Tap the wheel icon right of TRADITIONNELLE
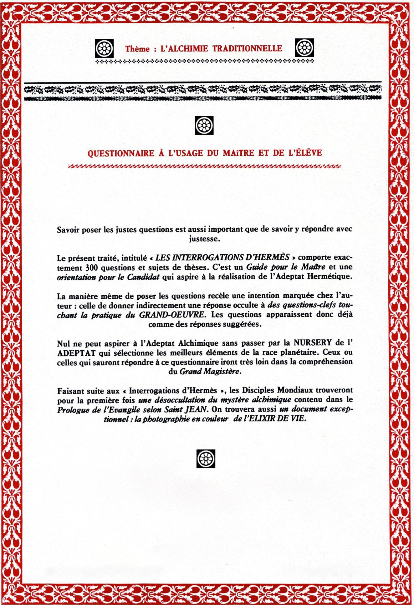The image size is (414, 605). (x=305, y=48)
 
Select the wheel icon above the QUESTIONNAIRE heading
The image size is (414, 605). (x=204, y=125)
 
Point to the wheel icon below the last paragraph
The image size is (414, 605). (x=206, y=458)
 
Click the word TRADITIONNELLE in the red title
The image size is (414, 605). (x=247, y=49)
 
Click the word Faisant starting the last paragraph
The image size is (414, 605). (x=70, y=390)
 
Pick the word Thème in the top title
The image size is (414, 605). (x=138, y=49)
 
